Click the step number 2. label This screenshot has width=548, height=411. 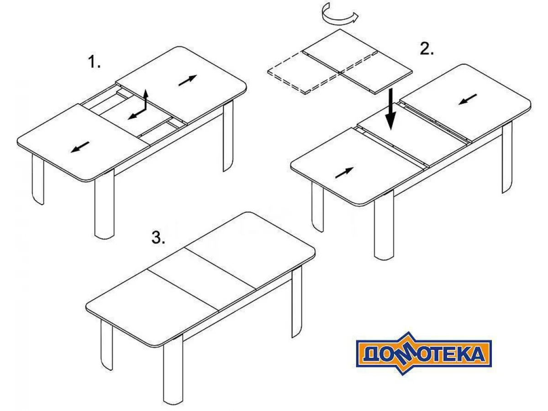coord(427,48)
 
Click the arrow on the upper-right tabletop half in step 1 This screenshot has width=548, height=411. coord(188,80)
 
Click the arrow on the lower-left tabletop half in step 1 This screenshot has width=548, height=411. coord(80,147)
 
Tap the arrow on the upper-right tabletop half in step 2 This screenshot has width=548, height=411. coord(468,99)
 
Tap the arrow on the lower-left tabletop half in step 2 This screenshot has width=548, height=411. coord(344,173)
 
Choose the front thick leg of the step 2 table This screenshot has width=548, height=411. coord(384,225)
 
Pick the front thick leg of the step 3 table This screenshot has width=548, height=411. coord(173,371)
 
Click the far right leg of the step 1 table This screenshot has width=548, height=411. coord(228,136)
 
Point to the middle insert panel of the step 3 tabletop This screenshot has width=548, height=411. coord(202,279)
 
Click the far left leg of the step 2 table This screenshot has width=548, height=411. coord(317,206)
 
